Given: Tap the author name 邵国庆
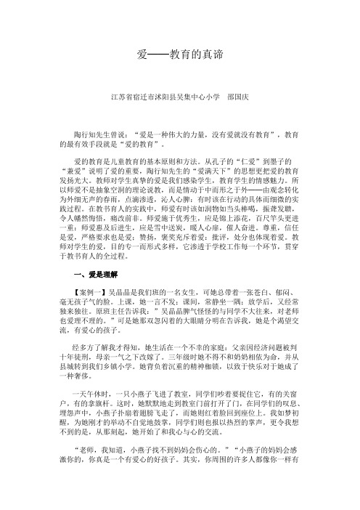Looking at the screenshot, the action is [x=240, y=95].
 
